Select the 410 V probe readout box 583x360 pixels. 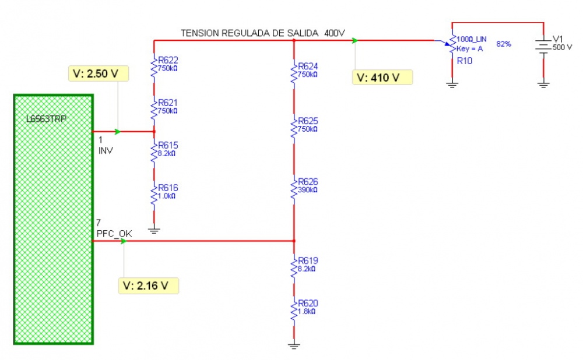point(382,77)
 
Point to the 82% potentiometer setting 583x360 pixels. point(504,44)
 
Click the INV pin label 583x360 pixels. point(105,150)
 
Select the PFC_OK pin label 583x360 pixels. point(114,234)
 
